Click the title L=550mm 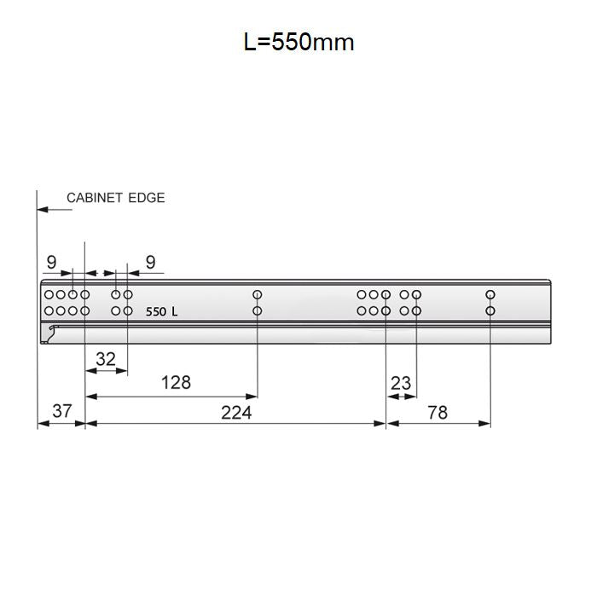pyautogui.click(x=298, y=42)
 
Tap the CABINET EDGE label pyautogui.click(x=115, y=198)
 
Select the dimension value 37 pyautogui.click(x=61, y=411)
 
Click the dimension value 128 pyautogui.click(x=176, y=382)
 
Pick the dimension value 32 pyautogui.click(x=105, y=359)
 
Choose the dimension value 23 pyautogui.click(x=401, y=384)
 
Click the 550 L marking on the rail pyautogui.click(x=161, y=312)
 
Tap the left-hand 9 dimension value pyautogui.click(x=52, y=262)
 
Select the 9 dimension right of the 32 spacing pyautogui.click(x=150, y=262)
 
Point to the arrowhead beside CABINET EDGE pyautogui.click(x=42, y=207)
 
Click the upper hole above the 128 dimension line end pyautogui.click(x=258, y=295)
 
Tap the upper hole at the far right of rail pyautogui.click(x=490, y=295)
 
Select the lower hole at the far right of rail pyautogui.click(x=490, y=311)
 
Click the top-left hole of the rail pyautogui.click(x=49, y=295)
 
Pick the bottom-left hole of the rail pyautogui.click(x=49, y=311)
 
